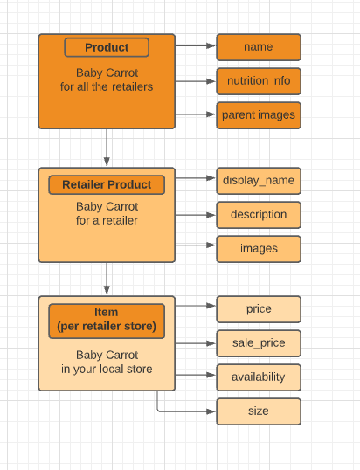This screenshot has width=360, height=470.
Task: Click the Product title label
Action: [x=107, y=47]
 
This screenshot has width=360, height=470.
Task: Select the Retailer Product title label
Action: [x=107, y=184]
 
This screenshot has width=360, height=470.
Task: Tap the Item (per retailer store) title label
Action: [x=107, y=320]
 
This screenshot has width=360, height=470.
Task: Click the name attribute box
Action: [x=259, y=47]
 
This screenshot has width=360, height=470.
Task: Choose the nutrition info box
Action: [x=259, y=81]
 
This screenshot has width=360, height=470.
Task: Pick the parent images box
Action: [x=259, y=115]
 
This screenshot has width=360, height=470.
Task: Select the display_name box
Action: [x=259, y=181]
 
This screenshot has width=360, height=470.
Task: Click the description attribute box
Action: [x=259, y=215]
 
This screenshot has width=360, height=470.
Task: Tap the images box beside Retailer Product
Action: [x=259, y=249]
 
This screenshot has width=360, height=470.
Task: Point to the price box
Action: [x=259, y=309]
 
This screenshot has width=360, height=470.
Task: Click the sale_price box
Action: [x=259, y=343]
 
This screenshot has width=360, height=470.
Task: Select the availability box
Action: [x=259, y=377]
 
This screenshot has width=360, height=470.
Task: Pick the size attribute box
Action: [x=259, y=411]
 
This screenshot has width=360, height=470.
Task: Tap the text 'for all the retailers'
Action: [x=107, y=86]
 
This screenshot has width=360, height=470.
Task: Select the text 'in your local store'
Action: [x=107, y=370]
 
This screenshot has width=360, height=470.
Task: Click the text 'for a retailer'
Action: [x=107, y=221]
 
